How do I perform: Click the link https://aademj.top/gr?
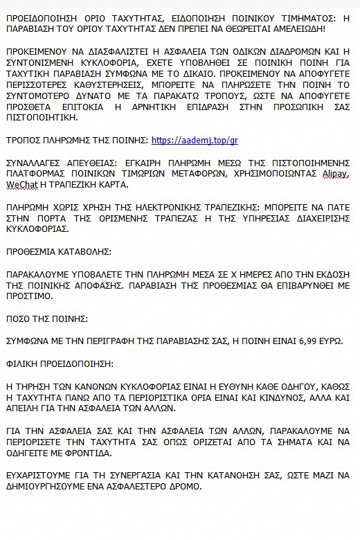click(x=195, y=140)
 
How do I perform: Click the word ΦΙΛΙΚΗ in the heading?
click(x=23, y=363)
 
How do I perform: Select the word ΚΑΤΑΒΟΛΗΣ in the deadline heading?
click(x=83, y=251)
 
